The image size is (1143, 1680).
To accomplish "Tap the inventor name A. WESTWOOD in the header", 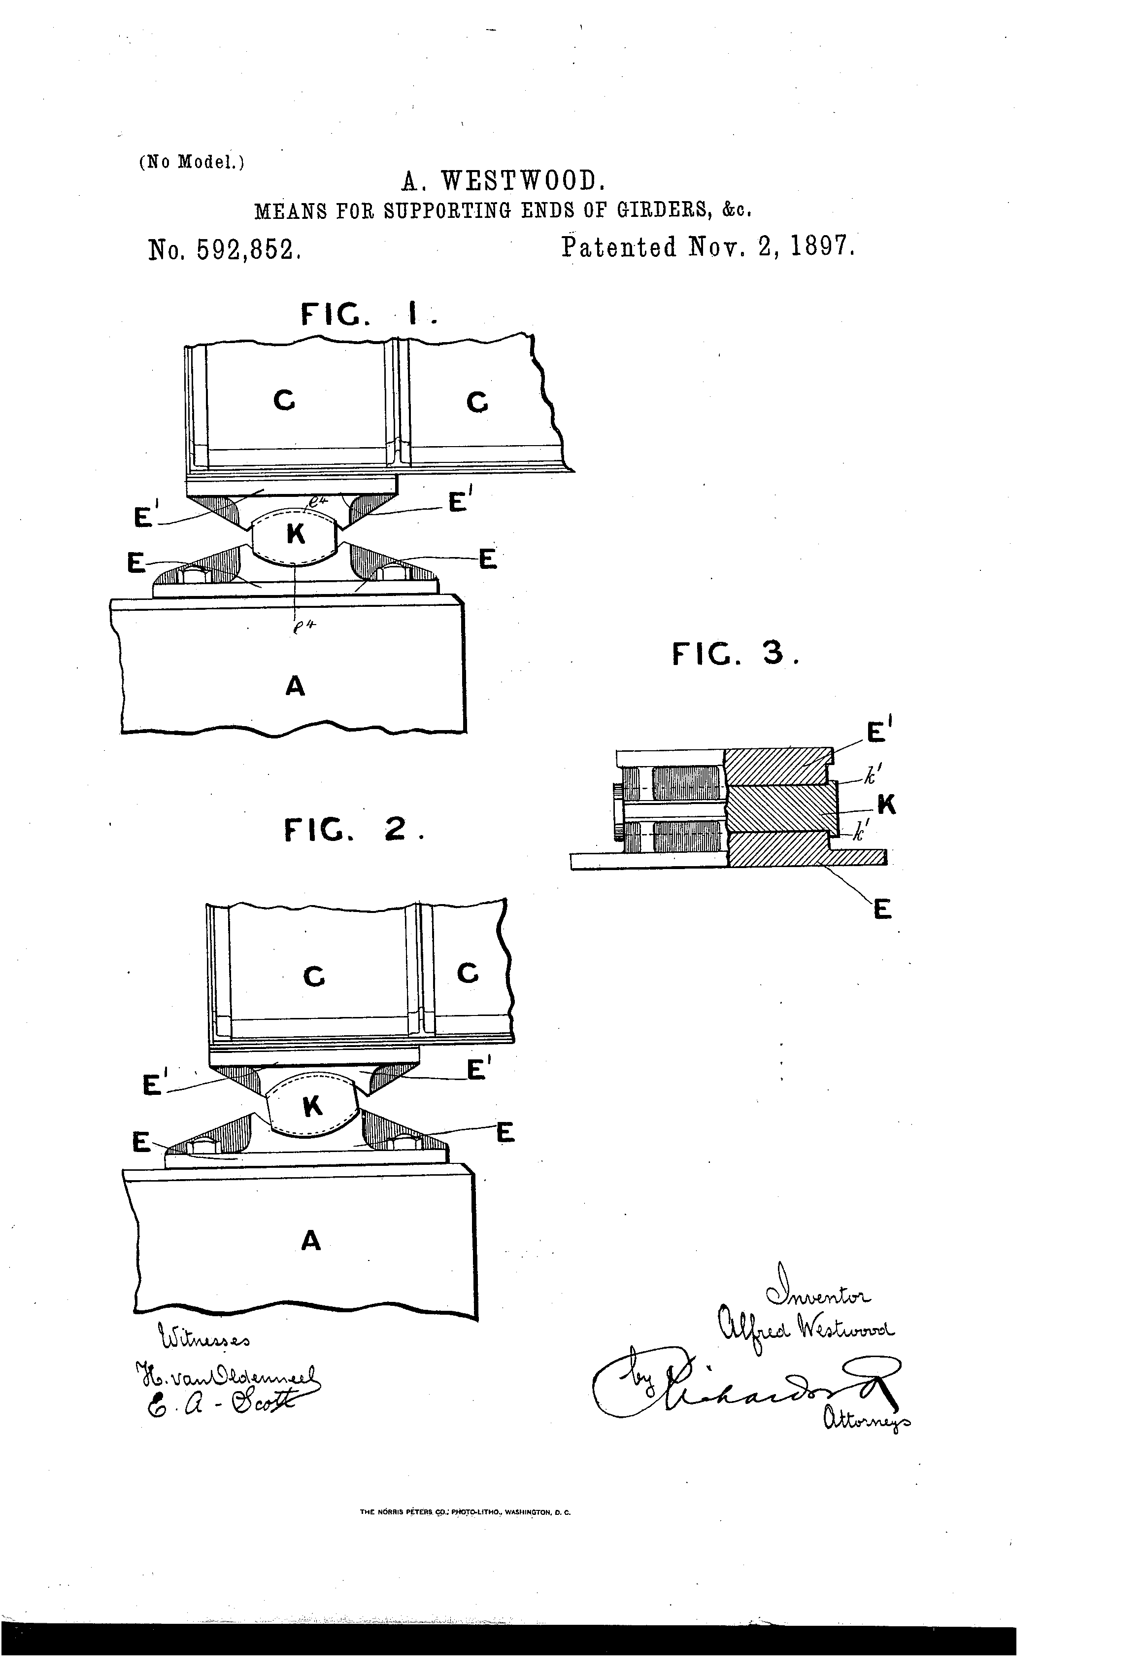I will click(500, 181).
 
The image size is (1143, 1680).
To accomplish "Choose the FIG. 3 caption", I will click(736, 654).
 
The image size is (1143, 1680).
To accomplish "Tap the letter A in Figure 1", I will click(295, 685).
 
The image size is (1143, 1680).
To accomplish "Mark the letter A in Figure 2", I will click(311, 1240).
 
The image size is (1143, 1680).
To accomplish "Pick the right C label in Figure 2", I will click(468, 973).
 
